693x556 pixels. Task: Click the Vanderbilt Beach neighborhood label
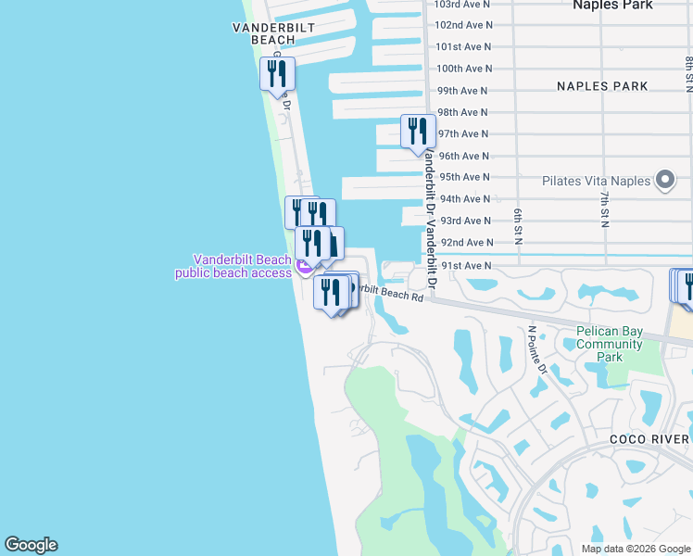click(x=273, y=33)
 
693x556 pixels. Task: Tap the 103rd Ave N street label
click(x=463, y=4)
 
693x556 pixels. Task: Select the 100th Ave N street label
click(x=463, y=69)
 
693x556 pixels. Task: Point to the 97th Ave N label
click(x=463, y=134)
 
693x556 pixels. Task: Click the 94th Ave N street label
click(x=465, y=199)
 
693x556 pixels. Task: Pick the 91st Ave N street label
click(x=465, y=265)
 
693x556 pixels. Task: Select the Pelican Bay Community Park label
click(x=609, y=344)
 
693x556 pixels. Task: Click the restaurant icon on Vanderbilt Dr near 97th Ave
click(x=417, y=131)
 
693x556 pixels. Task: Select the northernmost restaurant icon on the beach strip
click(x=277, y=73)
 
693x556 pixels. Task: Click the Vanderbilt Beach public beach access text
click(x=234, y=266)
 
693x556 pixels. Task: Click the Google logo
click(x=31, y=545)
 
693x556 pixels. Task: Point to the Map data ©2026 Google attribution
click(x=635, y=549)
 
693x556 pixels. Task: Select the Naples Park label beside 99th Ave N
click(x=602, y=86)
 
